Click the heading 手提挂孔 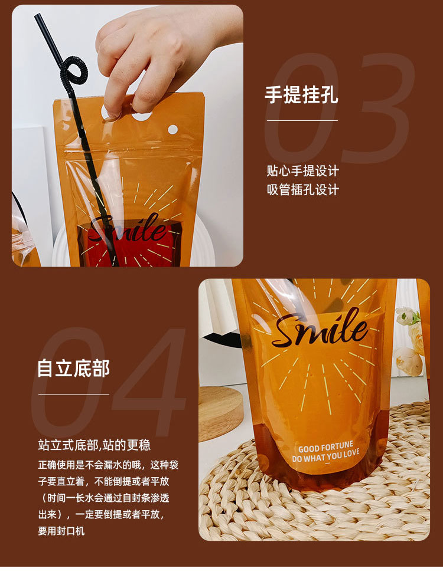[301, 96]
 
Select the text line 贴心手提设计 [302, 171]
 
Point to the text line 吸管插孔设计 [302, 190]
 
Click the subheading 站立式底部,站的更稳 [95, 445]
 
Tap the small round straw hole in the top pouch [172, 129]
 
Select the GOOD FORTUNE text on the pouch [326, 448]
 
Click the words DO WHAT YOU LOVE [326, 457]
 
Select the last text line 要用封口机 [61, 531]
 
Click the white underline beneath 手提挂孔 [302, 120]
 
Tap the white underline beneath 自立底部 [74, 395]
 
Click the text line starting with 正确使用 [108, 465]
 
